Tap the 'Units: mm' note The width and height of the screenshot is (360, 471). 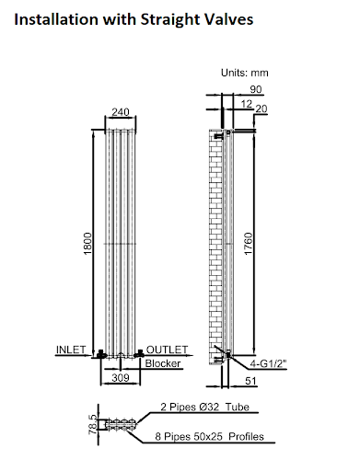coord(244,73)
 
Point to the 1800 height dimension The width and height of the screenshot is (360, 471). coord(87,244)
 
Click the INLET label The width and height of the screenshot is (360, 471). coord(71,350)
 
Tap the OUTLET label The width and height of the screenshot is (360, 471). coord(167,350)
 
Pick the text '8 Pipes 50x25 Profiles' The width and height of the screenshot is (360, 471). coord(210,440)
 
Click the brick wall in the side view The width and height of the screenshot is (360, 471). coord(217,239)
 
